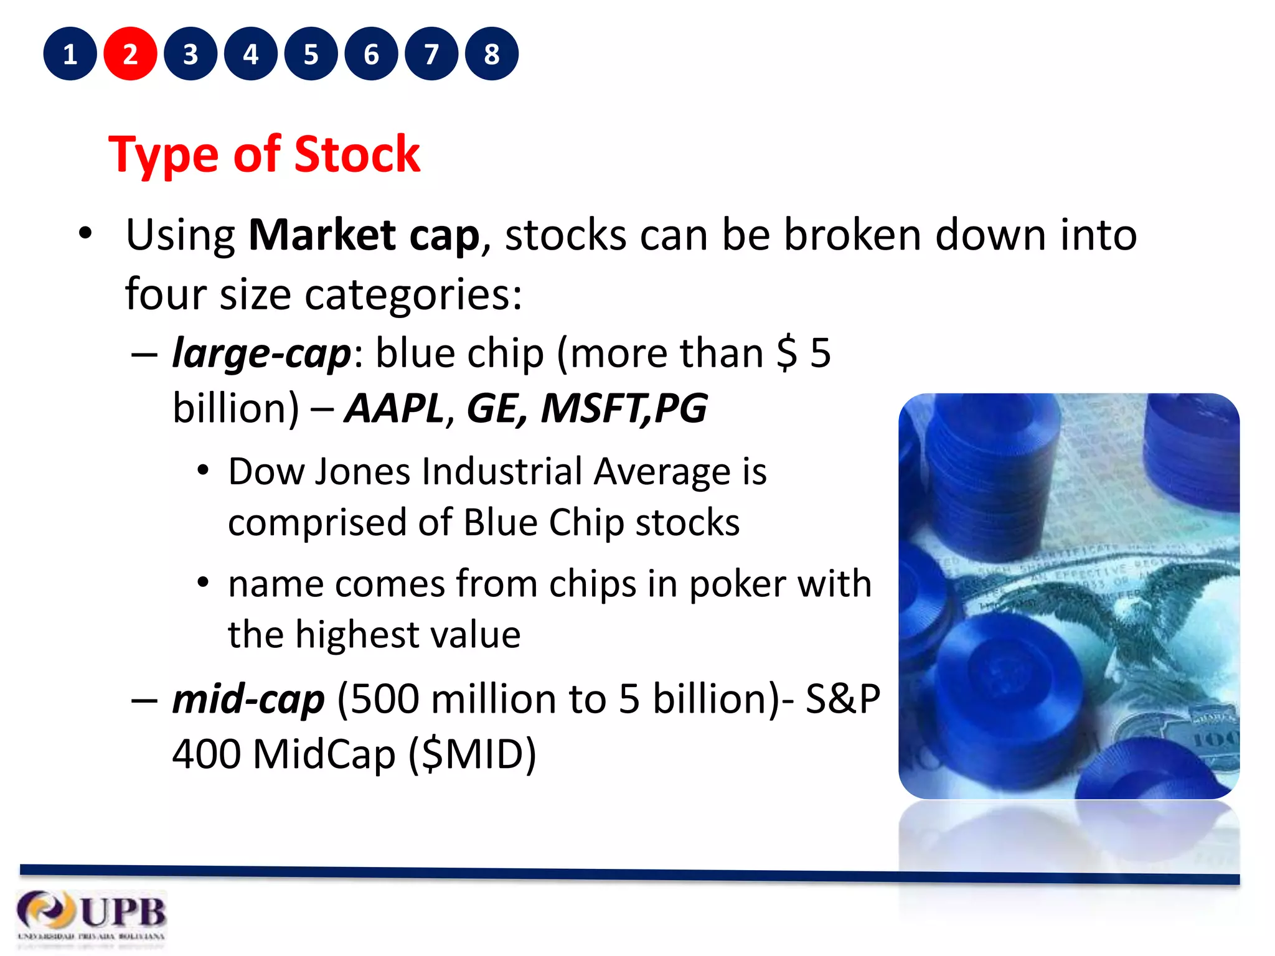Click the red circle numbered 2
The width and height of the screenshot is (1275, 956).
130,54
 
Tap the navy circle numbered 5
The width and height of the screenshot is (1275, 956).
311,54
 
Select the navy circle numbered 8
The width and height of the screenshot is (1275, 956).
491,54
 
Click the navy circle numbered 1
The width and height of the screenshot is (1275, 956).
70,54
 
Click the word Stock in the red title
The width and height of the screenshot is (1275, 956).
357,154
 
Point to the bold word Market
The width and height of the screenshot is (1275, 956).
322,235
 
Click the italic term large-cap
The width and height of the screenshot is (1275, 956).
261,354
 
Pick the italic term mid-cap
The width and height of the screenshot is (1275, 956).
248,699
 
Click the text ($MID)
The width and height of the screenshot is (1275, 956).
473,754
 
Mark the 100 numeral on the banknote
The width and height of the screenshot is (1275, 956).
1214,739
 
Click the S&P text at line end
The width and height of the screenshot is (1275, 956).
842,699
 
